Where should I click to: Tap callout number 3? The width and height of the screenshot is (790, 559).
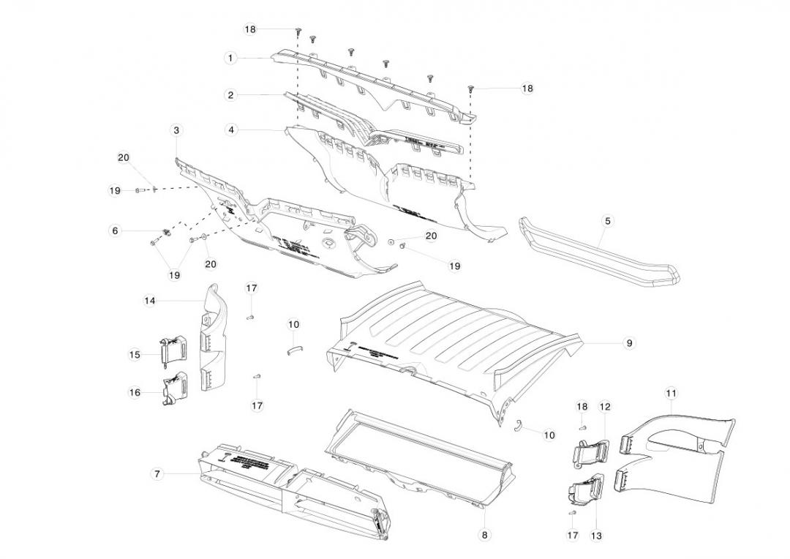[176, 130]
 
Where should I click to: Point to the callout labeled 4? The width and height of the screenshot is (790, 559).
[231, 130]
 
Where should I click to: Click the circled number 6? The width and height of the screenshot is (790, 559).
[115, 230]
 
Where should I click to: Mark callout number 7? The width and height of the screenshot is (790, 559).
[157, 474]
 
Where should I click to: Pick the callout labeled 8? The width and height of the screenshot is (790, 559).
[484, 535]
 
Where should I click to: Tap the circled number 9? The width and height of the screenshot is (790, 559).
[629, 342]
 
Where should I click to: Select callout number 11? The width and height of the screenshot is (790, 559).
[671, 394]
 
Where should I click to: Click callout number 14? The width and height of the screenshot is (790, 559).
[149, 300]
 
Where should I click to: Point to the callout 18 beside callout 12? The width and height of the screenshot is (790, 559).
[582, 407]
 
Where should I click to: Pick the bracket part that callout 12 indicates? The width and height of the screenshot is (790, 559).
[592, 451]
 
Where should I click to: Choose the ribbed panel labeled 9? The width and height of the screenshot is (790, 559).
[454, 329]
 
